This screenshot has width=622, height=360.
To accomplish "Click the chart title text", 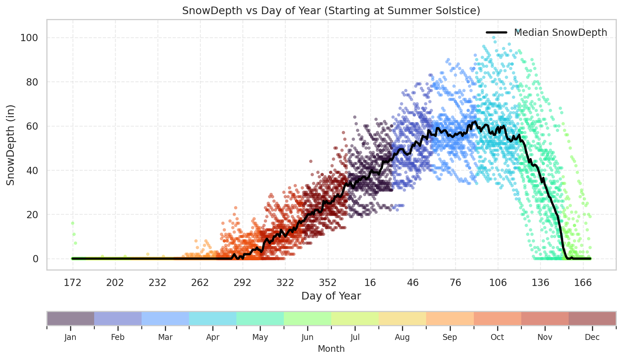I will click(x=331, y=11).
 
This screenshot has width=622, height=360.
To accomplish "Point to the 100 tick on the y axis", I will click(x=29, y=38).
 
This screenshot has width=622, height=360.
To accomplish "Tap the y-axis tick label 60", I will click(x=32, y=126).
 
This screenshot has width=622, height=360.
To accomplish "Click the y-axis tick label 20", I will click(x=32, y=215).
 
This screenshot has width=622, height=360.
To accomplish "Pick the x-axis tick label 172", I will click(x=72, y=283).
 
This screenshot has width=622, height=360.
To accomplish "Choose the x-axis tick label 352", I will click(x=328, y=283).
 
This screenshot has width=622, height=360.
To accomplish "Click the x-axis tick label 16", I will click(x=370, y=283).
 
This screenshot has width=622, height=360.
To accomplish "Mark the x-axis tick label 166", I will click(x=583, y=283).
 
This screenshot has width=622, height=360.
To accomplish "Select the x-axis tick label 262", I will click(x=200, y=283).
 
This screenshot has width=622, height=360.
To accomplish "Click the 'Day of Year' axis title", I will click(x=331, y=296).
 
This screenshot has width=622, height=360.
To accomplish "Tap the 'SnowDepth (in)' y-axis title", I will click(x=11, y=145).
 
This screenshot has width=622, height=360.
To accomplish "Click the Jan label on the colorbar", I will click(x=70, y=337).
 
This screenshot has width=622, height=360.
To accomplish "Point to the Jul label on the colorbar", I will click(x=355, y=337).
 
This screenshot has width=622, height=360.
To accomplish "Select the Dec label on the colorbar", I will click(x=592, y=337).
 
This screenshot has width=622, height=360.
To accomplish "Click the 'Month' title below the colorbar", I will click(x=331, y=349).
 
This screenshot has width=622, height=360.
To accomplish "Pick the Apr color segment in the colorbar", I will click(x=213, y=319).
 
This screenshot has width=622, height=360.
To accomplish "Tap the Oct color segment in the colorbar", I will click(x=497, y=319).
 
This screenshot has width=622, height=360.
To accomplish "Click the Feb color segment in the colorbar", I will click(x=118, y=319).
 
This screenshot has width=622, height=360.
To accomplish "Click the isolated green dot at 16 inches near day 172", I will click(x=72, y=223).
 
